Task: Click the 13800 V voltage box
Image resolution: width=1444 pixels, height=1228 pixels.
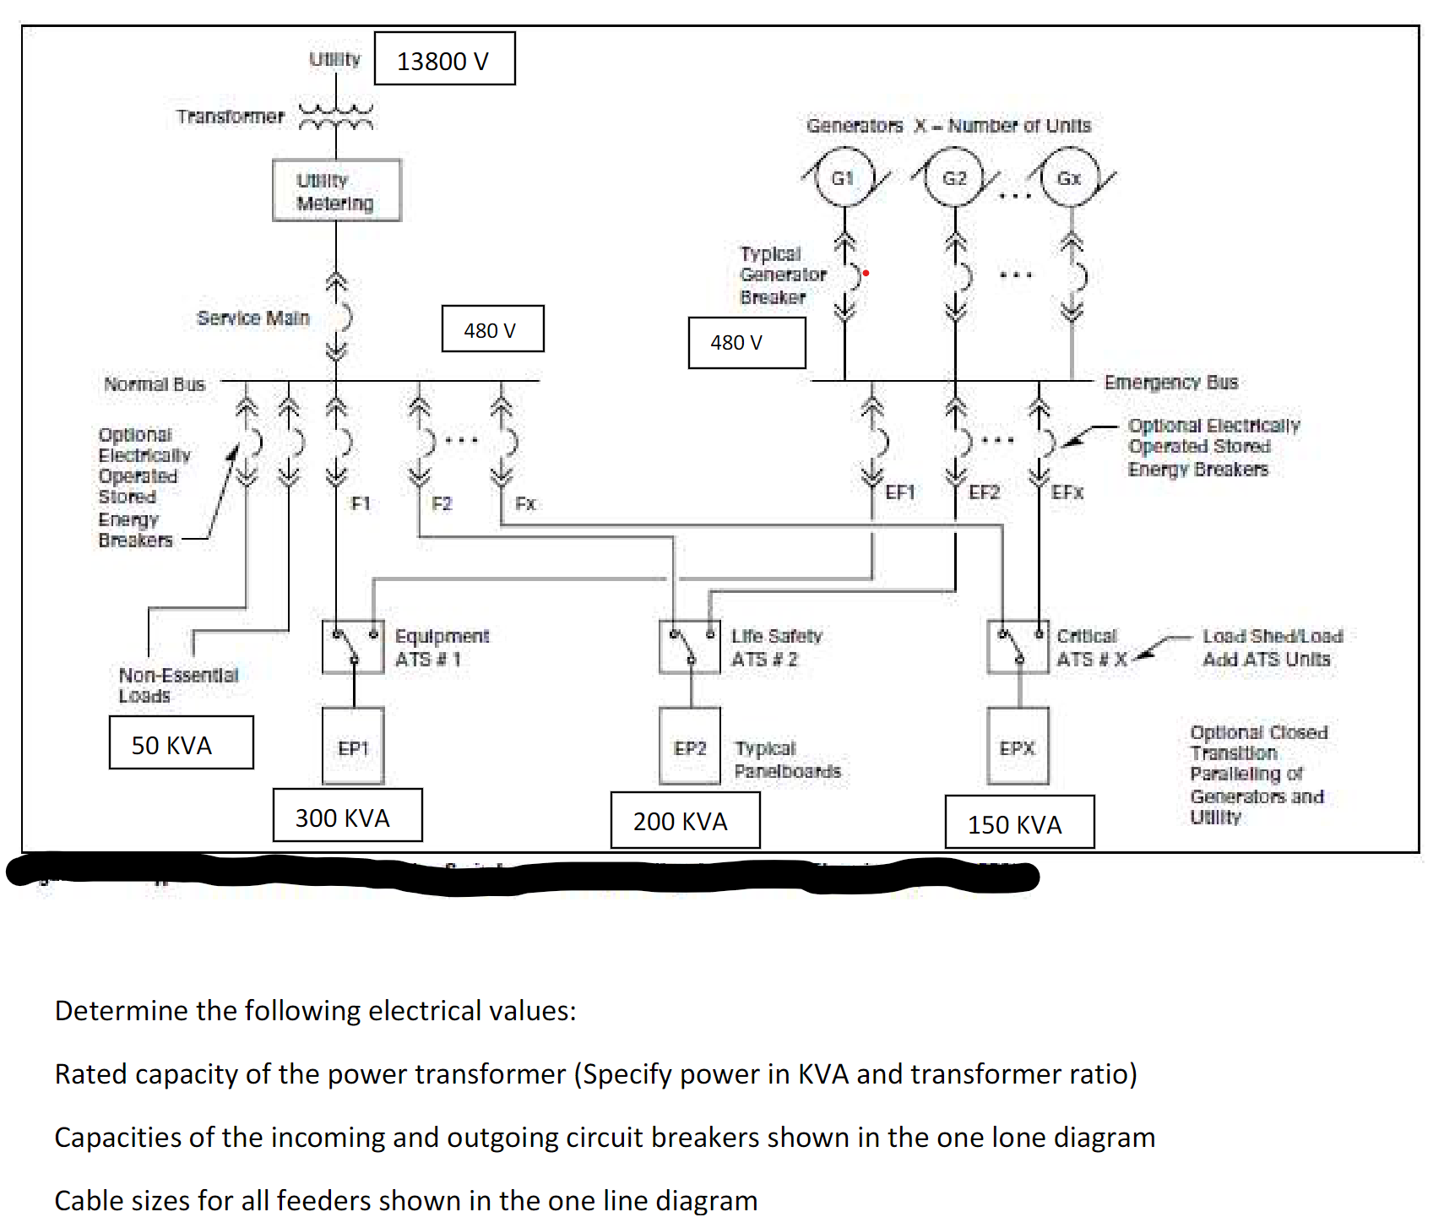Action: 444,59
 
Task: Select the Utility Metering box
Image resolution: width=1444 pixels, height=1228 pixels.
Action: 336,191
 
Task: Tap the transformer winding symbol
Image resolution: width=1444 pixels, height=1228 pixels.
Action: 336,117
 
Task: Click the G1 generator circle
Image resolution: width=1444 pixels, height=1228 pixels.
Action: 843,177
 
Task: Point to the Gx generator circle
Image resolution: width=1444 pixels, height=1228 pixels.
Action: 1069,177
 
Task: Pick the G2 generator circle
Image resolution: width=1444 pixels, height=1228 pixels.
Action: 954,177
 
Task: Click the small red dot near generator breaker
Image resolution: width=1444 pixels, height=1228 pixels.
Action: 866,273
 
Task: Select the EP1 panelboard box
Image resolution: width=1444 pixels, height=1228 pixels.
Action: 353,747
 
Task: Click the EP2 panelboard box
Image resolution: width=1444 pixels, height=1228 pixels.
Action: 689,747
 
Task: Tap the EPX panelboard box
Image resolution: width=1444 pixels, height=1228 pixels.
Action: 1018,747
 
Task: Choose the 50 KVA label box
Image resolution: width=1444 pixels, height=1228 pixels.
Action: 181,743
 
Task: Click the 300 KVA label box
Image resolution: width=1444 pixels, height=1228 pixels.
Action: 347,816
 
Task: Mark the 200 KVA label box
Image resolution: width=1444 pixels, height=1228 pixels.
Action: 685,820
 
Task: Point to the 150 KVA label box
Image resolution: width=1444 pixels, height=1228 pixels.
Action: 1019,823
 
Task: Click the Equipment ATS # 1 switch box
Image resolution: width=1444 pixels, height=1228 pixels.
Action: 353,647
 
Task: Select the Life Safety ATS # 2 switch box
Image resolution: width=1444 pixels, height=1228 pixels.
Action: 689,647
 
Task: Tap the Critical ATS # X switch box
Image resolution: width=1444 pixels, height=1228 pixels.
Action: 1018,647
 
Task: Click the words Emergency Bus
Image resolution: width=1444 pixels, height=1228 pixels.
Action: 1170,383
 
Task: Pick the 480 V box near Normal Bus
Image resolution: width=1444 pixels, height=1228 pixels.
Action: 492,329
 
